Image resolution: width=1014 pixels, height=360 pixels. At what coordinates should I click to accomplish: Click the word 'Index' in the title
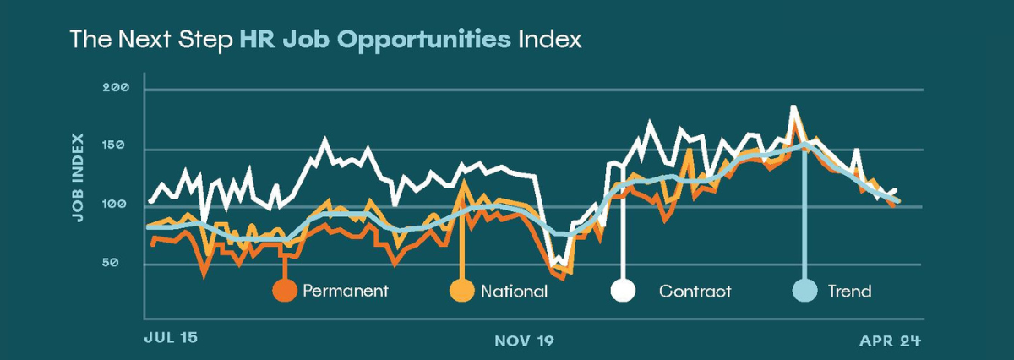pos(548,40)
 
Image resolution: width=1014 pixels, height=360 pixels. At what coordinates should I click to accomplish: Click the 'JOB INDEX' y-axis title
pos(78,177)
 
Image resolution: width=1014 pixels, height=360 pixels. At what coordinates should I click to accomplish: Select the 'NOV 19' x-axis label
pos(524,341)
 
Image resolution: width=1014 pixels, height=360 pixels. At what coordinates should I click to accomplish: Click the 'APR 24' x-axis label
pos(890,341)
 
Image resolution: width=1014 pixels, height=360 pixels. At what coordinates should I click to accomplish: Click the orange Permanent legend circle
pos(285,291)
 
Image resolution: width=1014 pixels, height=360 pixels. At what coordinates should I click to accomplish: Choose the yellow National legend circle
pos(461,291)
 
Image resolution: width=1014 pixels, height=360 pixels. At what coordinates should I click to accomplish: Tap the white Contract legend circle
pos(624,291)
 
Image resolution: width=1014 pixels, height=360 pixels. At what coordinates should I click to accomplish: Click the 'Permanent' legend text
pos(345,292)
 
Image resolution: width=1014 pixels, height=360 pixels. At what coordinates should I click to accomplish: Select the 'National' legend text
pos(514,292)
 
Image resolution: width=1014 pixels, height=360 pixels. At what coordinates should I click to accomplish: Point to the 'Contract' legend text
pos(695,292)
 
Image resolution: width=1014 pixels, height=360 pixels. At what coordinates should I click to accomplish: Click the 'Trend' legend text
pos(849,292)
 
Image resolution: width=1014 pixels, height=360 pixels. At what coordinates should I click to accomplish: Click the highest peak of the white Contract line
pos(793,106)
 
